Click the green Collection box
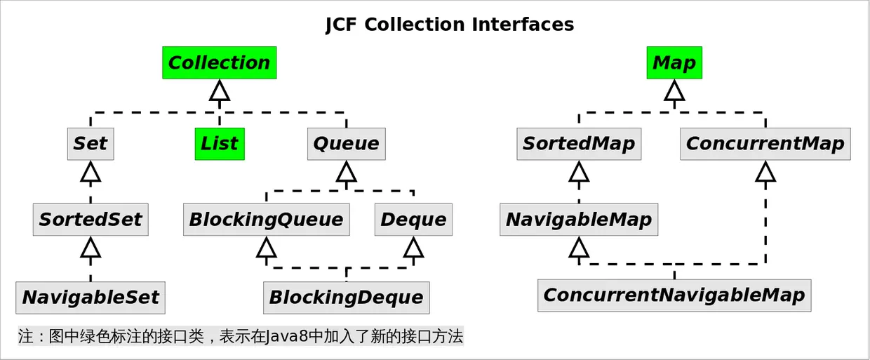pos(219,62)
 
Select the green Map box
pos(674,62)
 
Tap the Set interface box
pos(91,144)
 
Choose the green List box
pos(220,144)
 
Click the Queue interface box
pos(346,144)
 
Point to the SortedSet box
pos(91,220)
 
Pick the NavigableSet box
pos(91,298)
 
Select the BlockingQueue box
pos(266,220)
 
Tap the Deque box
pos(413,220)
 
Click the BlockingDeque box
pos(346,298)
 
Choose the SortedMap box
pos(579,144)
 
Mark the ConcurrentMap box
pos(765,144)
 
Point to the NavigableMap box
pos(579,220)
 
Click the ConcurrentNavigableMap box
pos(674,295)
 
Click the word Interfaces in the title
pos(523,25)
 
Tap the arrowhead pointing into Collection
pos(220,91)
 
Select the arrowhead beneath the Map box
pos(674,91)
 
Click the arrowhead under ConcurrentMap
pos(765,171)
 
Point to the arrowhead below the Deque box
pos(413,247)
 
